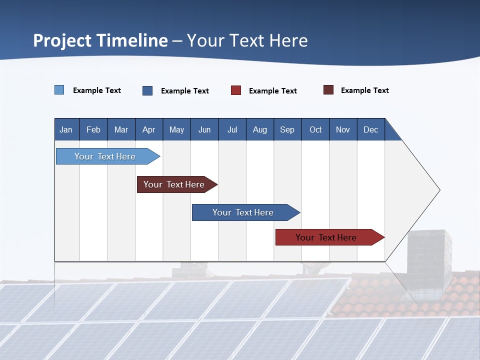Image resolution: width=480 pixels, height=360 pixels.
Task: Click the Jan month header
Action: (x=66, y=129)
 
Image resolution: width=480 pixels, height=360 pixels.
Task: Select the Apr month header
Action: (x=149, y=129)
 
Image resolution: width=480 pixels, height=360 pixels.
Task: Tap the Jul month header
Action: (x=232, y=129)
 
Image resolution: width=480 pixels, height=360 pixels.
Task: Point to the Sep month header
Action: (x=287, y=129)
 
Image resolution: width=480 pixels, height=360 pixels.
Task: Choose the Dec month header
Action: (x=370, y=129)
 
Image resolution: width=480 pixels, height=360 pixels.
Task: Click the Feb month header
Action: (x=93, y=129)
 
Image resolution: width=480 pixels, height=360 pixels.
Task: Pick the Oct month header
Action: (x=315, y=129)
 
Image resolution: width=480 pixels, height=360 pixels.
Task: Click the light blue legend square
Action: (x=59, y=90)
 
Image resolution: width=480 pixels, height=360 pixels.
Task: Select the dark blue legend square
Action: (x=147, y=90)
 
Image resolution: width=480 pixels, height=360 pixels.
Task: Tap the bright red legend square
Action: (x=236, y=90)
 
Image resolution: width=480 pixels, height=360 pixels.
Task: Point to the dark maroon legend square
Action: (x=328, y=90)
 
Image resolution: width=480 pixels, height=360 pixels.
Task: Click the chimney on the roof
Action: (x=429, y=255)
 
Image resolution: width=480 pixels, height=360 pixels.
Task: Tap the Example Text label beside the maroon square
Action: (x=364, y=90)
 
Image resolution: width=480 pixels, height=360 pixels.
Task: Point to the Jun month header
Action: (x=204, y=129)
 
